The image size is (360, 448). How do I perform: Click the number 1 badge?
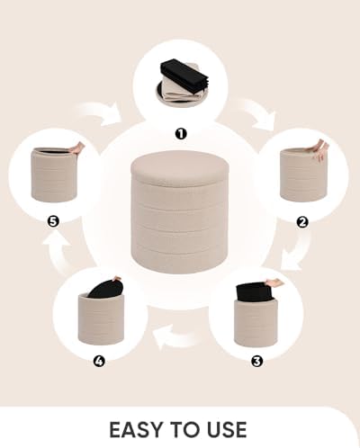click(180, 134)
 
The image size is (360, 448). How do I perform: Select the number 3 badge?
click(256, 361)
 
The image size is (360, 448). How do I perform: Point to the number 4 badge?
click(99, 361)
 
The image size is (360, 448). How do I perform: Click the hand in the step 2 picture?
click(319, 149)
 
